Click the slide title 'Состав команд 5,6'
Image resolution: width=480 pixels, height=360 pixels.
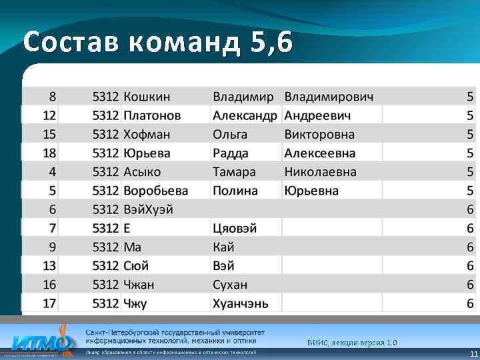coord(157,43)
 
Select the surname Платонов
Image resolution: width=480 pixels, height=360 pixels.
coord(152,115)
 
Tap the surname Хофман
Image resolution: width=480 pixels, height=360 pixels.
coord(147,134)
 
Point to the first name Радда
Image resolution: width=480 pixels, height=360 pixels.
coord(230,153)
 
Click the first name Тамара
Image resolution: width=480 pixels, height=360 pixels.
coord(234,172)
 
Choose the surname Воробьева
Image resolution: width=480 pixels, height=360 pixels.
coord(156,191)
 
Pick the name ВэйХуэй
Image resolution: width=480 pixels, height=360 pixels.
coord(148,209)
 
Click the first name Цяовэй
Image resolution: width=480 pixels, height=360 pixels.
coord(235,228)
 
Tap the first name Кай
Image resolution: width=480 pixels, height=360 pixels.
coord(223,247)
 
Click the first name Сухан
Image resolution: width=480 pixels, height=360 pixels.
coord(230,285)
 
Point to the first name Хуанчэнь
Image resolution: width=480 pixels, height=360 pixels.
coord(241,303)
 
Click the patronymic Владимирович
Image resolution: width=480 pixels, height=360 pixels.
coord(329,97)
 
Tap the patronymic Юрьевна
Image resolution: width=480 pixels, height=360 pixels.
coord(311,191)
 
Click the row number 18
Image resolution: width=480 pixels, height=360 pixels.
coord(49,153)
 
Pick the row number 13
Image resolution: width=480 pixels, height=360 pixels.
coord(49,266)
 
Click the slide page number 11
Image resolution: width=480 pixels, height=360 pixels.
coord(473,354)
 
